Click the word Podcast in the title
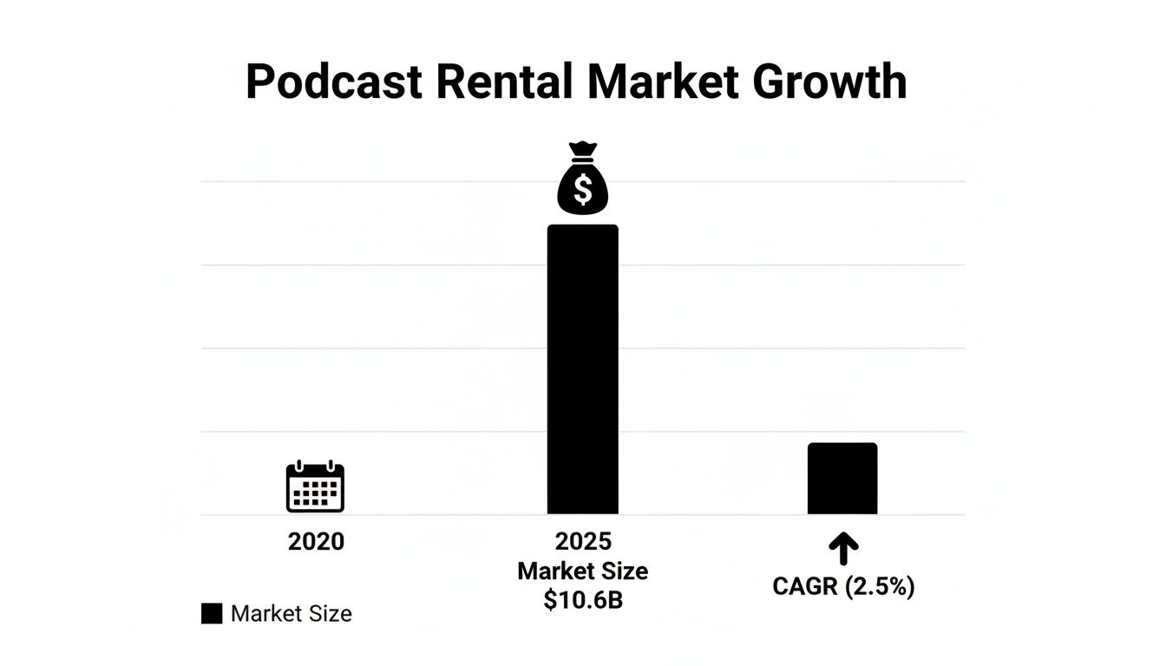(x=334, y=82)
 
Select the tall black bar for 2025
(x=582, y=369)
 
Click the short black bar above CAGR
(x=842, y=479)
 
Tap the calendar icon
(x=315, y=487)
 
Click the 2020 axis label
(x=316, y=542)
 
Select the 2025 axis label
(x=582, y=542)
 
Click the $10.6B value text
(x=582, y=600)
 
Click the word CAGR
(x=804, y=587)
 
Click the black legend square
(x=212, y=614)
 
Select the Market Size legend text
(x=291, y=614)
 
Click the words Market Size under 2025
(x=582, y=571)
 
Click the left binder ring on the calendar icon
(x=302, y=466)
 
